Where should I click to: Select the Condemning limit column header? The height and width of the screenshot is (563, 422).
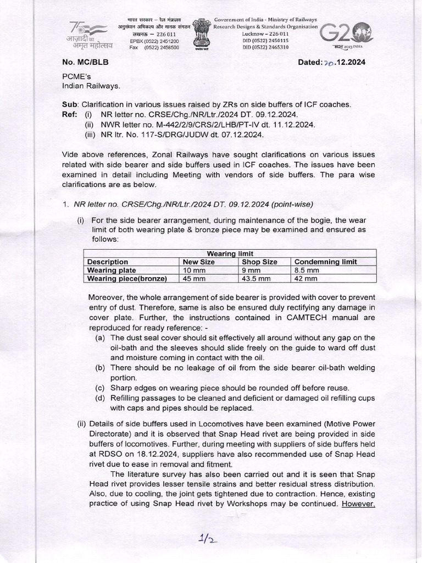[325, 262]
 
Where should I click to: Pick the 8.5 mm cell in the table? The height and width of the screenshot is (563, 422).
[307, 270]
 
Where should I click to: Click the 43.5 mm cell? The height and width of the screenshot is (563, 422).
[256, 278]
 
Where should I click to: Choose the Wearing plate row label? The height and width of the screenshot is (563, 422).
[112, 270]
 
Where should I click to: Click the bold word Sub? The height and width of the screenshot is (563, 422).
[70, 104]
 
